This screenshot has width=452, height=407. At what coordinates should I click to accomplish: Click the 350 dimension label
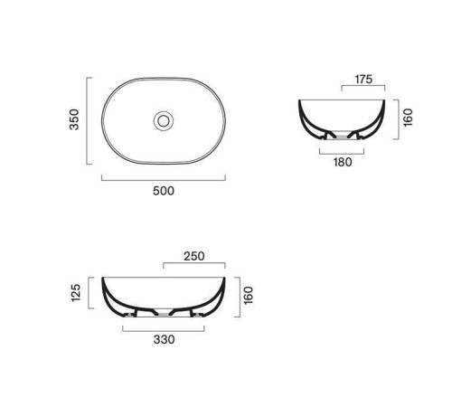point(74,119)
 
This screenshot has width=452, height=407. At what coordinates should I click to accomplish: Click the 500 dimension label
point(164,191)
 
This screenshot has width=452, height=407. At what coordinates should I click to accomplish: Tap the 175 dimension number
point(363,80)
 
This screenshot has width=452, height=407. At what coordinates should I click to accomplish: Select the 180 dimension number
point(343,162)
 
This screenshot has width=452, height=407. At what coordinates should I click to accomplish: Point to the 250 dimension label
point(194,256)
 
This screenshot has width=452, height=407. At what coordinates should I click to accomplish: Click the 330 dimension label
point(164,339)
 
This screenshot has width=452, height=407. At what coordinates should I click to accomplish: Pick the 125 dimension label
point(76,292)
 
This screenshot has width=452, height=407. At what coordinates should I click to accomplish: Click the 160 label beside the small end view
point(408,118)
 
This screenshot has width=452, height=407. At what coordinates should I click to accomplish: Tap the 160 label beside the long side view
point(249,296)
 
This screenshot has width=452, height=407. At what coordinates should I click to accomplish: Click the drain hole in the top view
point(164,121)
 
